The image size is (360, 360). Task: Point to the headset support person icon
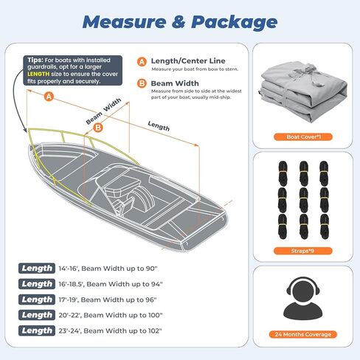[302, 297]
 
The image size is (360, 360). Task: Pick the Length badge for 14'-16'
[37, 269]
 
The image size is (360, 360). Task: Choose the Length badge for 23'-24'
[37, 330]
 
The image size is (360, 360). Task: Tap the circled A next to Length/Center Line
[142, 63]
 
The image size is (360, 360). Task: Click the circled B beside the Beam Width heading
[142, 84]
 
